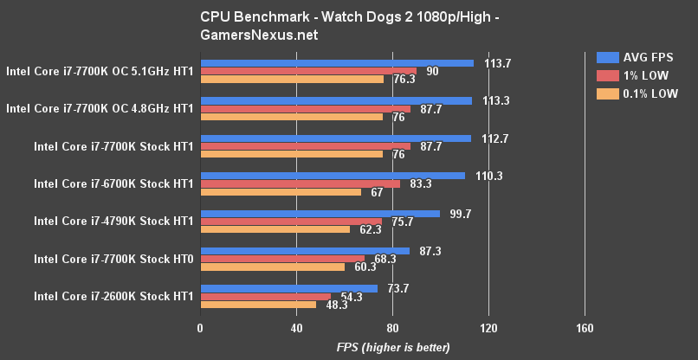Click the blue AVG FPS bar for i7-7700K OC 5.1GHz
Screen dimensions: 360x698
click(x=337, y=63)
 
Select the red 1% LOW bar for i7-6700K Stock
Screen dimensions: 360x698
click(x=301, y=183)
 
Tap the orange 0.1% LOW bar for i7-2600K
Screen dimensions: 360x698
click(x=258, y=305)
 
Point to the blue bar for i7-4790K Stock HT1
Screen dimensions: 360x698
click(x=320, y=214)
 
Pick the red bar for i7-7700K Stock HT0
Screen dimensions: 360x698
click(x=282, y=259)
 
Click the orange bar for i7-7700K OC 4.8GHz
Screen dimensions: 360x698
click(x=291, y=117)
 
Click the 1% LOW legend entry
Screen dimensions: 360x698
click(x=631, y=75)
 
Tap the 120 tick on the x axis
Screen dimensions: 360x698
click(x=488, y=328)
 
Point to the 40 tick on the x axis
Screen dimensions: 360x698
click(x=296, y=328)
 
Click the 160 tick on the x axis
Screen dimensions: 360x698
click(x=585, y=328)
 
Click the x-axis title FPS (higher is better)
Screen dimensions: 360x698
click(x=393, y=348)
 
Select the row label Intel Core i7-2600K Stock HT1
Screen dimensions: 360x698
click(x=113, y=296)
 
